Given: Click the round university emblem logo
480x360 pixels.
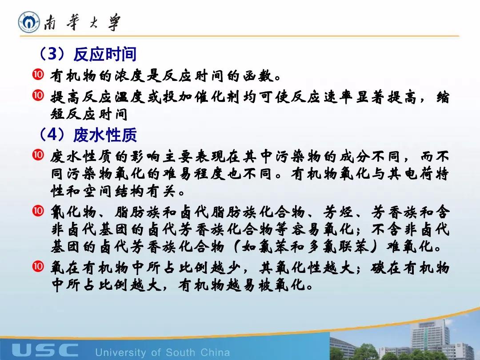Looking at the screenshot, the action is pos(29,22).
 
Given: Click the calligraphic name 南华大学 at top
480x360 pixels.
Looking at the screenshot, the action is pos(82,22).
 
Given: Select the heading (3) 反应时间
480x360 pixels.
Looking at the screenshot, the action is pos(87,54).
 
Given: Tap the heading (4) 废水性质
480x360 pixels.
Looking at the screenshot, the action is pos(87,135).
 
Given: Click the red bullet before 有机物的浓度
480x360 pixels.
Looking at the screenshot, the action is pos(38,75).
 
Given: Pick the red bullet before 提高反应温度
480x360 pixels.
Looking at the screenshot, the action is pos(38,96).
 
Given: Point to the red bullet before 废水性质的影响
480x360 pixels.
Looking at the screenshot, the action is pos(38,155).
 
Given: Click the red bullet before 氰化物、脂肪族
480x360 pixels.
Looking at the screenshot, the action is pos(38,211).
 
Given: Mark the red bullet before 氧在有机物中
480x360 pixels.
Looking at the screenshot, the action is pos(38,266).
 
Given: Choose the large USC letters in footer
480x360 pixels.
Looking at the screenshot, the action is pos(45,350).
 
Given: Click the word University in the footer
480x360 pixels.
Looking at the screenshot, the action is pos(120,352).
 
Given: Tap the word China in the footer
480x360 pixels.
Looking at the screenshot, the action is pos(215,352).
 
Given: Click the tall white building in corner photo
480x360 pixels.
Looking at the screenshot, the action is pos(430,337).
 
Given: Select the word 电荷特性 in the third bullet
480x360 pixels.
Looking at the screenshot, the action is pos(418,174).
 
